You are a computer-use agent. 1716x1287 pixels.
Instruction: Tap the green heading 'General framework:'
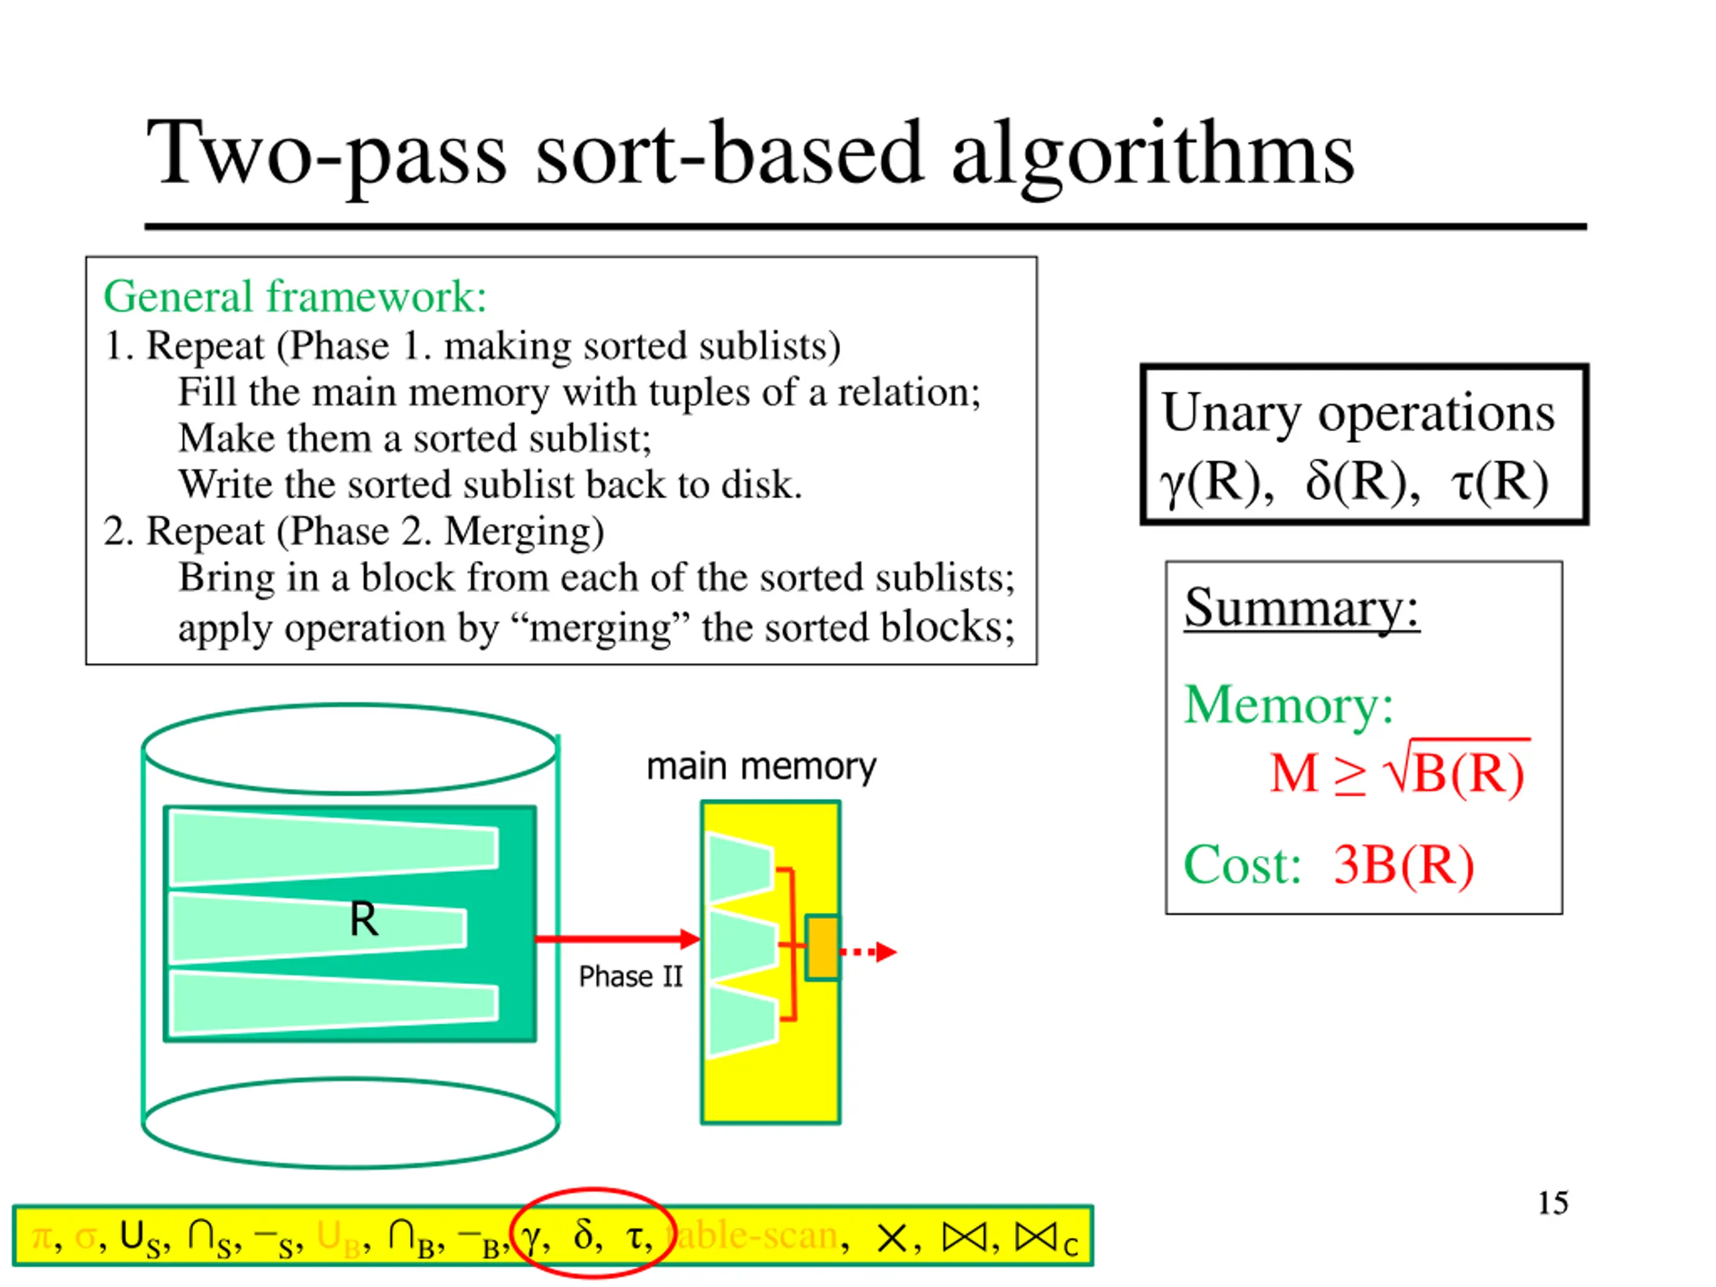point(295,296)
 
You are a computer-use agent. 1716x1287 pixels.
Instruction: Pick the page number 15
point(1552,1203)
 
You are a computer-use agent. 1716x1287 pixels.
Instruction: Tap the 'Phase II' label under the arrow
point(630,977)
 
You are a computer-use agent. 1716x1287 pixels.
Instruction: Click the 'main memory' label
point(761,766)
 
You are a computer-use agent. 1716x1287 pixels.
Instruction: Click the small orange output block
point(822,947)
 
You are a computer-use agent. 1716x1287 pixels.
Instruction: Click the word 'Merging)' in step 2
point(524,532)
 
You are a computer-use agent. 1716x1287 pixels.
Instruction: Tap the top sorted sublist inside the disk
point(334,848)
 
